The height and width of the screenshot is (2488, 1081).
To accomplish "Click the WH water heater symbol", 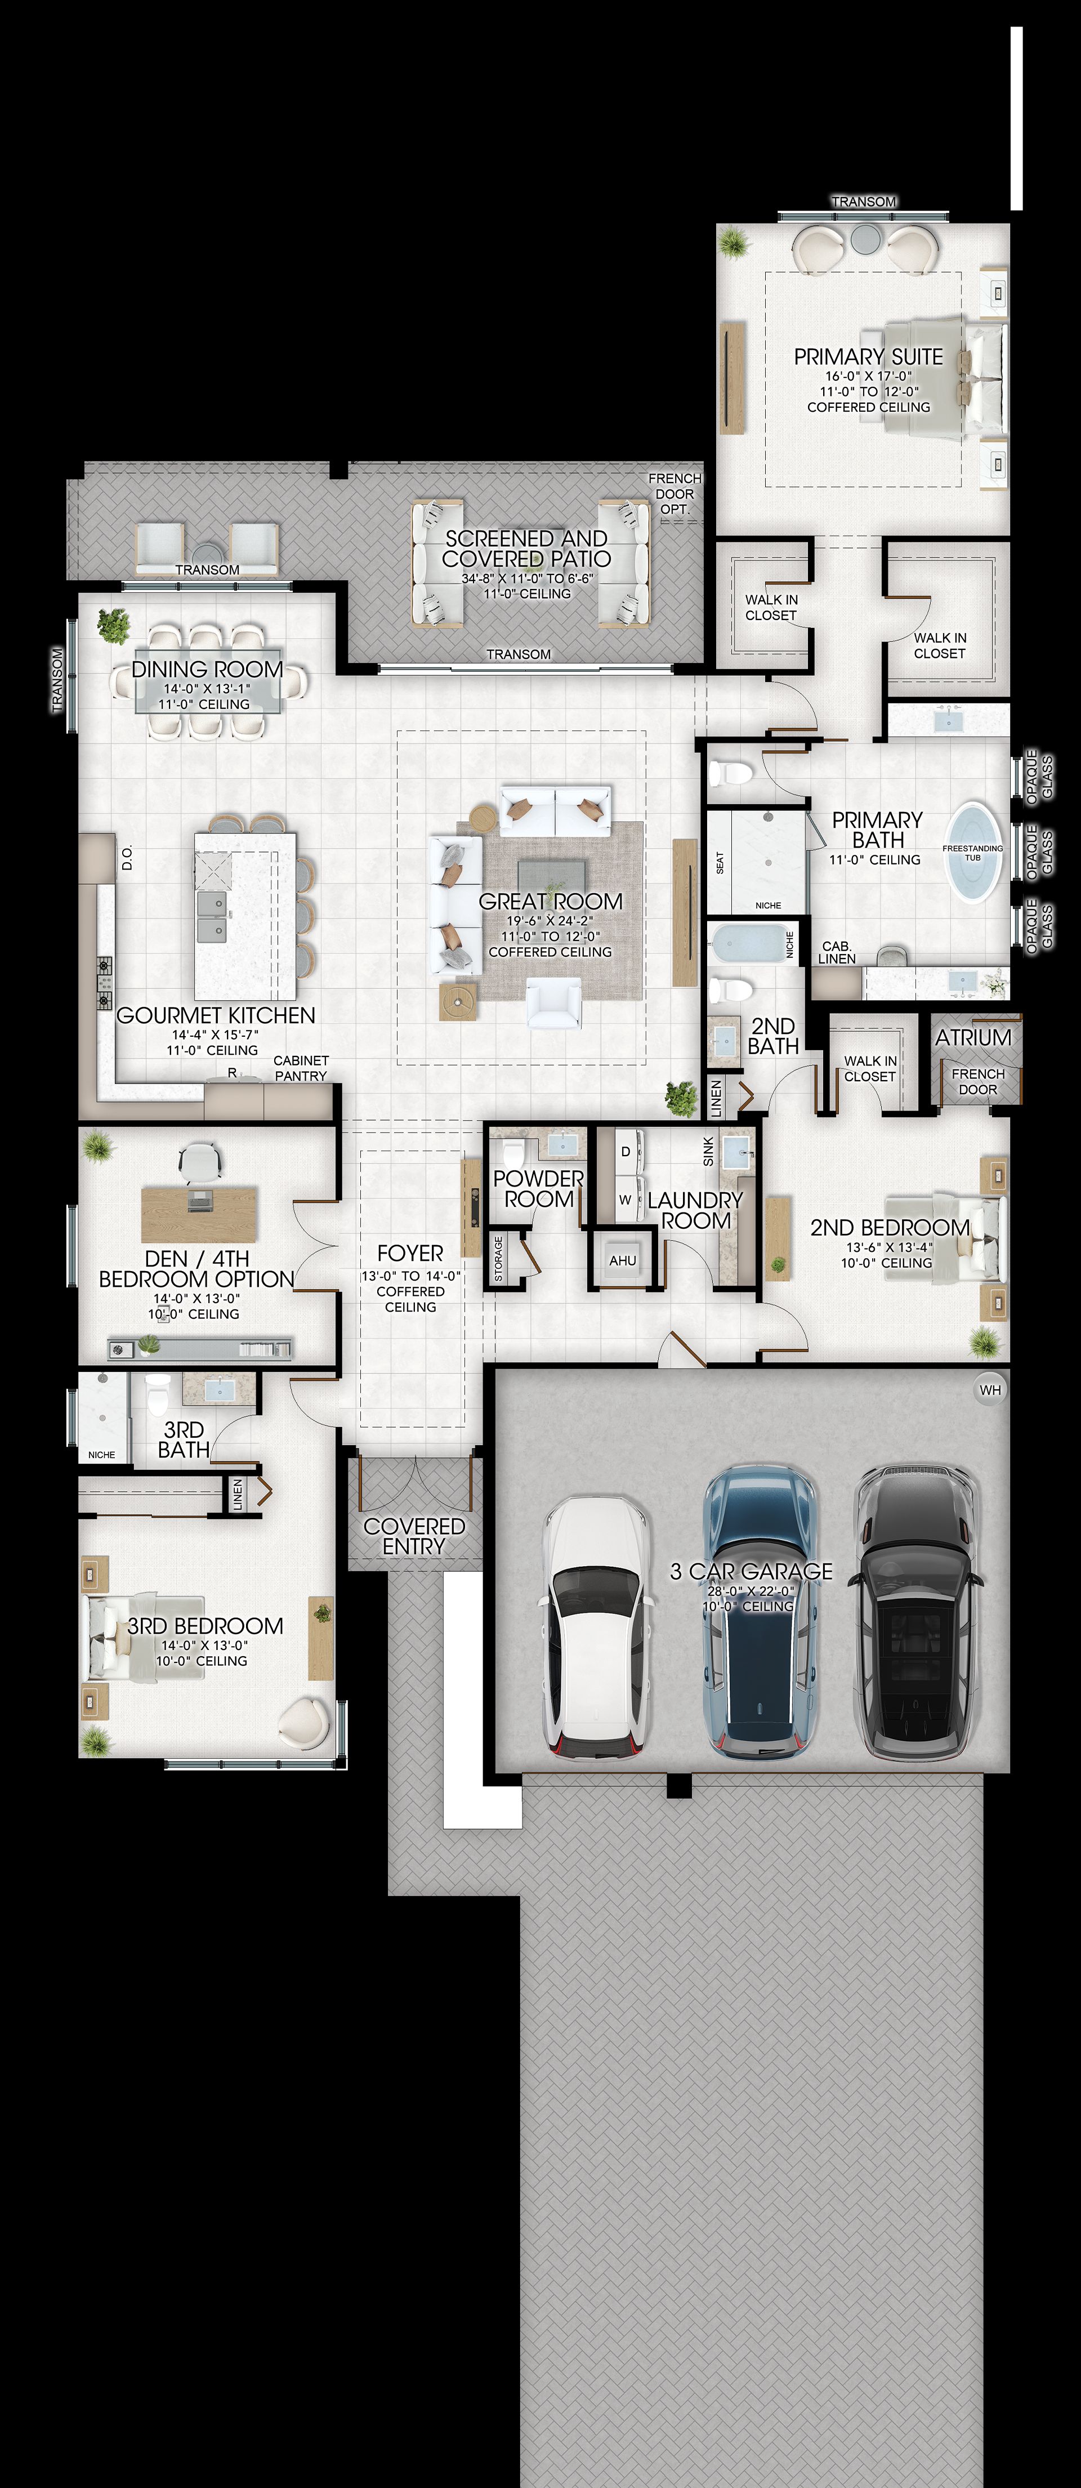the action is tap(990, 1390).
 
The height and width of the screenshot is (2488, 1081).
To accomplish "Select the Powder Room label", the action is tap(538, 1188).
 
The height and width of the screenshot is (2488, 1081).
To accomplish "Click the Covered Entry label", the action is tap(413, 1536).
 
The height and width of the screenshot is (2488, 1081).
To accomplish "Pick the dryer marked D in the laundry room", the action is tap(625, 1151).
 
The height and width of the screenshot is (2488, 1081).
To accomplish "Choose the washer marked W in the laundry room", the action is tap(625, 1198).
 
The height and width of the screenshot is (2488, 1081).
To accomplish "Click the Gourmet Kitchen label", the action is tap(216, 1015).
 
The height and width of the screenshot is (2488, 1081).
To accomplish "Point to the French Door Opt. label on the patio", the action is tap(674, 493).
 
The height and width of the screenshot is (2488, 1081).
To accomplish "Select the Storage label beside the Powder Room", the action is tap(498, 1259).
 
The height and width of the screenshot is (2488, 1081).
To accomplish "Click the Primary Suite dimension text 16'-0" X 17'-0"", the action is tap(869, 376).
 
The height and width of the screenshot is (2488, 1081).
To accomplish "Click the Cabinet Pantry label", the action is tap(301, 1067).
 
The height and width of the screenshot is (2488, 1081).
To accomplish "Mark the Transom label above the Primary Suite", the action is tap(864, 202).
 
